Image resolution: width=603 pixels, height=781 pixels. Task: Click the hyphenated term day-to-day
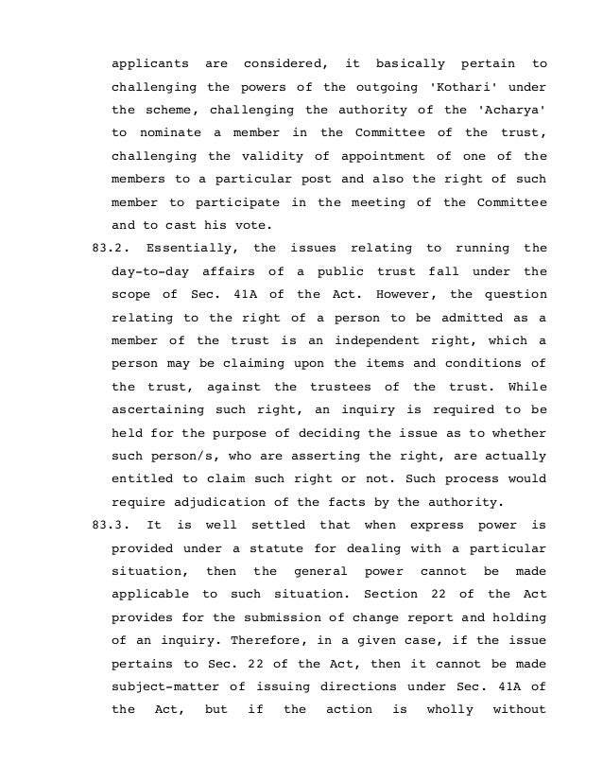[149, 271]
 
